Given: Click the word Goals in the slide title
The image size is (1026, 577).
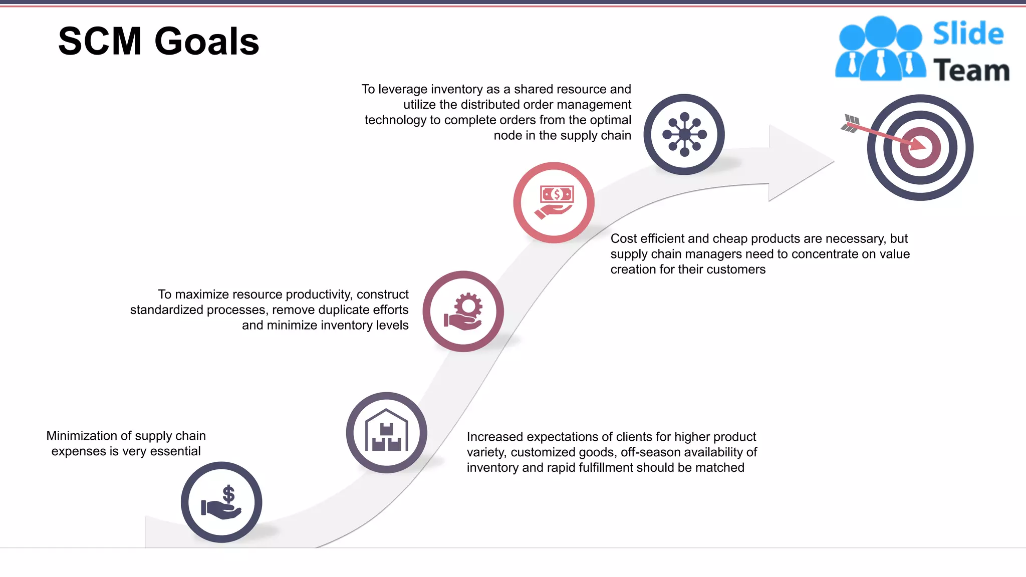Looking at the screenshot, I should pos(206,42).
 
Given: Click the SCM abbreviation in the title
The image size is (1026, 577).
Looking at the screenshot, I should pos(100,42).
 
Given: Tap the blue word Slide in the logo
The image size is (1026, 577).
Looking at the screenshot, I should pos(968,34).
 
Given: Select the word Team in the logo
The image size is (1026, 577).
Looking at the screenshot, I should pos(971,70).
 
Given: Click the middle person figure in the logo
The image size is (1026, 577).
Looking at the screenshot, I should pos(880,50).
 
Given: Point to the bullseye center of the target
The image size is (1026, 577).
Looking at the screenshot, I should pos(920,148).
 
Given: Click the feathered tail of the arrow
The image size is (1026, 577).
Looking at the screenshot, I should pos(850,123).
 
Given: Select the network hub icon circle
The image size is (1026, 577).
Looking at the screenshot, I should pos(684,134).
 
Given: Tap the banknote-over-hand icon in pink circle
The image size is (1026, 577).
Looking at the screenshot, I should pos(554,202).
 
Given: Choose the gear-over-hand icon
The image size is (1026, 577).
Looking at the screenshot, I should pos(463,311).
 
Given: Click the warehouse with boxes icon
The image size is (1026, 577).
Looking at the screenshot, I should pos(386,432).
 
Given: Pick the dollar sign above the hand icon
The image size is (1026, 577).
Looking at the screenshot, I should pos(228,494).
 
